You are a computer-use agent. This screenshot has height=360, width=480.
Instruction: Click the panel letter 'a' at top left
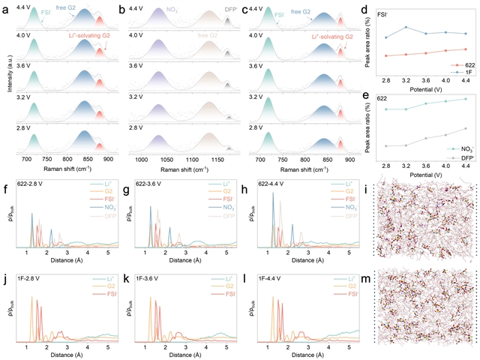tap(6, 6)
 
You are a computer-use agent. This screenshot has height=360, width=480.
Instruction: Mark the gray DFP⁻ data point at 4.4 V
tap(466, 128)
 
